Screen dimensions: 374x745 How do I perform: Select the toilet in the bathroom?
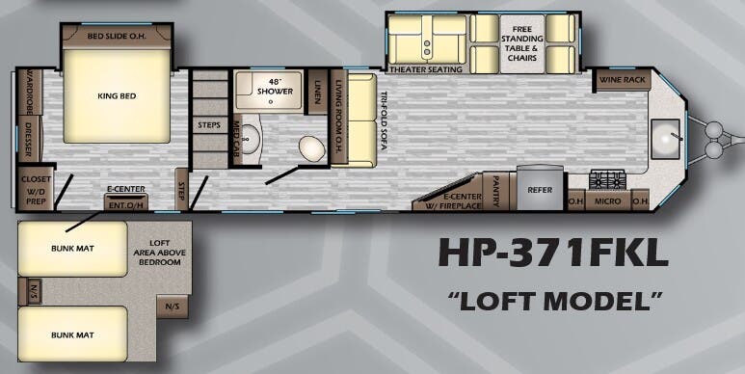(310, 148)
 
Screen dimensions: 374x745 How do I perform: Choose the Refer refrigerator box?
(540, 190)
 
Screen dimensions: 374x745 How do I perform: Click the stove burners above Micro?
(609, 180)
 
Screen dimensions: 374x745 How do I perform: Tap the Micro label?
(608, 202)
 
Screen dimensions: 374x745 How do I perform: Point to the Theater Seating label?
(419, 68)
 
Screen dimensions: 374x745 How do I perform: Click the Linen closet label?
(317, 92)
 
